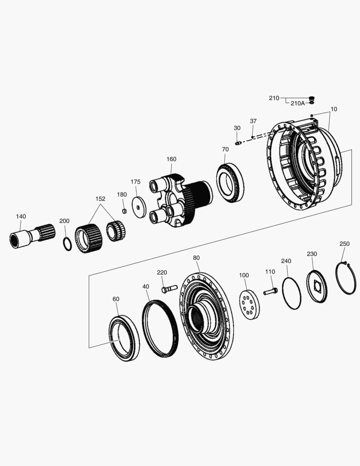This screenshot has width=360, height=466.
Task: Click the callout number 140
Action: tap(21, 216)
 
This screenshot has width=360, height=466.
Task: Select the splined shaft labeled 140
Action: tap(32, 236)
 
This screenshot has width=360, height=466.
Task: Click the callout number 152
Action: tap(100, 199)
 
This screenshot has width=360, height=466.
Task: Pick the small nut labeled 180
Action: tap(124, 211)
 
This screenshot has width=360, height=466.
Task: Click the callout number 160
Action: tap(171, 159)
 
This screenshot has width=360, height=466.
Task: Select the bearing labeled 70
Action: tap(230, 183)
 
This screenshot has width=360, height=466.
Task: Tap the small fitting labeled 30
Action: tap(238, 143)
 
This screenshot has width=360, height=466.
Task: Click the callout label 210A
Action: tap(297, 103)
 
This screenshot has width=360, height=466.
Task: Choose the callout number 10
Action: tap(334, 109)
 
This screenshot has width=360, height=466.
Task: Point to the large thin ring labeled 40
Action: tap(160, 329)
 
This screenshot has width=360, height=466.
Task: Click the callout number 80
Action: tap(196, 258)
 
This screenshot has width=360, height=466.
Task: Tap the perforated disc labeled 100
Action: tap(249, 305)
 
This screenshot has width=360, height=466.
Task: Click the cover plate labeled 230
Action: tap(316, 286)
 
